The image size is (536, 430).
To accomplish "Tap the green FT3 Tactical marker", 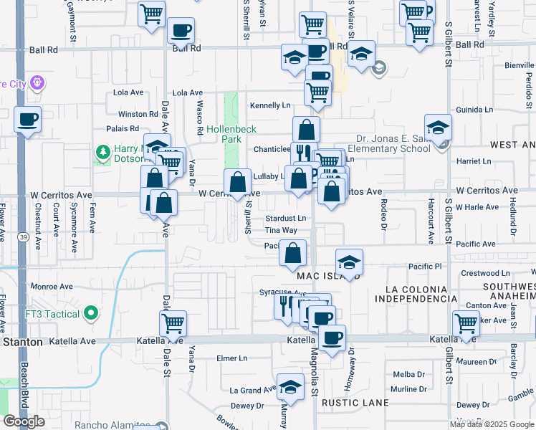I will [91, 313].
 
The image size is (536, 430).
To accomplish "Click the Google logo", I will [24, 421].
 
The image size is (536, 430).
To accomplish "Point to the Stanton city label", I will [22, 343].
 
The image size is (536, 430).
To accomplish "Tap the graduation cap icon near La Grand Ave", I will [289, 388].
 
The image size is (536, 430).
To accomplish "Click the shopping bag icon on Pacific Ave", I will [292, 253].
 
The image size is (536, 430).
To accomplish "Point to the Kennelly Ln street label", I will [269, 105].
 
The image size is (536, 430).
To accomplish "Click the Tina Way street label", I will [280, 230].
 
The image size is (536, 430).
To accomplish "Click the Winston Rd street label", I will [138, 114].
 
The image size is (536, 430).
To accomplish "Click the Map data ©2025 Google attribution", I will [491, 424].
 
